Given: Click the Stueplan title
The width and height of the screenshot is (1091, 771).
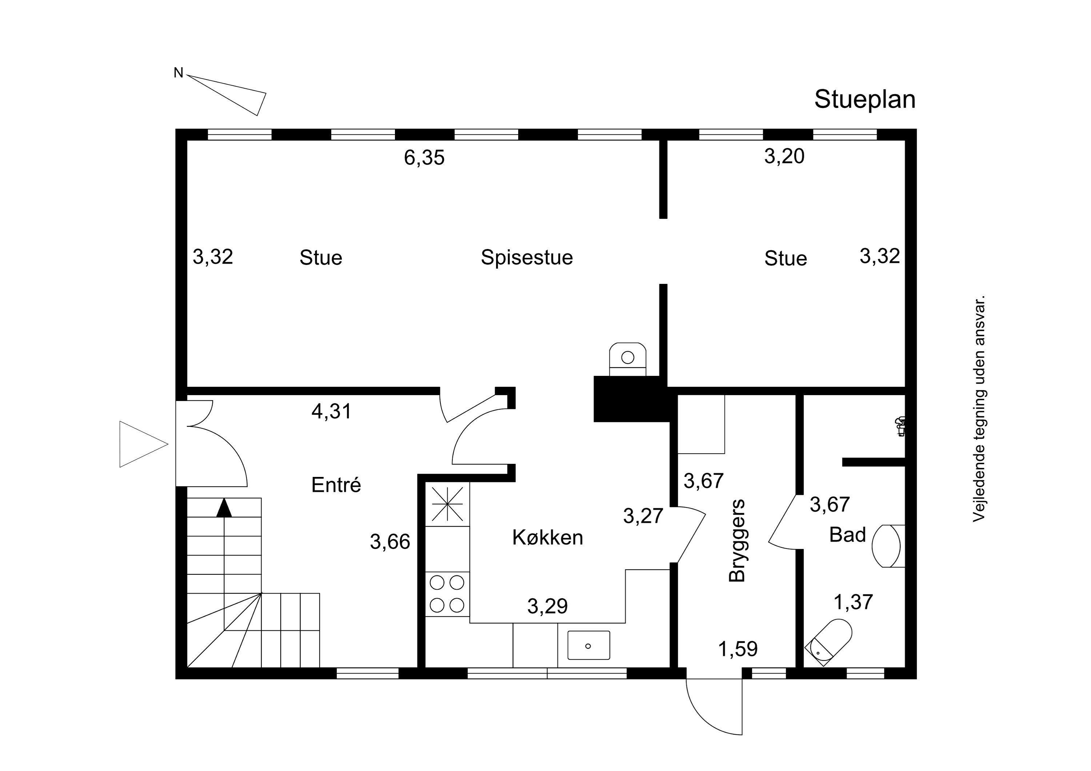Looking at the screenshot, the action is (865, 100).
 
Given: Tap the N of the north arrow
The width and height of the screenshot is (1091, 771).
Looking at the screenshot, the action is (179, 73).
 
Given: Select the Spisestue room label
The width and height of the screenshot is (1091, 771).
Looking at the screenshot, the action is (527, 257).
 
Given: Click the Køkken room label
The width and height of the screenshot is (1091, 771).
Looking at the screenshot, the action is (547, 537).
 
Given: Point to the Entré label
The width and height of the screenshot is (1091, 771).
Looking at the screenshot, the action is (336, 485).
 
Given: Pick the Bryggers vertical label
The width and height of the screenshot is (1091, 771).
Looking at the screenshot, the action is (737, 540).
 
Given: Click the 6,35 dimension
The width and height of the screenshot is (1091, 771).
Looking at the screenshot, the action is (424, 157).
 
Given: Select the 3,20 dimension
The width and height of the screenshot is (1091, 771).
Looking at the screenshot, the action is (784, 156).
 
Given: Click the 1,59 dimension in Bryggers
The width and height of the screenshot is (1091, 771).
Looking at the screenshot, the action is (738, 648).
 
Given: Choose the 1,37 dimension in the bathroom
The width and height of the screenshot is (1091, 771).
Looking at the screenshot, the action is (854, 602).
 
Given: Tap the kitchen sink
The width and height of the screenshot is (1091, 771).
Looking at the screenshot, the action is (589, 645).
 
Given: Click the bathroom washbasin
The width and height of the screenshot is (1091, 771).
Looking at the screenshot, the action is (888, 546).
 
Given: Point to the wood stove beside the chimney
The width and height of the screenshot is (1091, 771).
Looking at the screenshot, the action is (628, 359).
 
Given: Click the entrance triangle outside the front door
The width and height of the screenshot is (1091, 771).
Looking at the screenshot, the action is (144, 444).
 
